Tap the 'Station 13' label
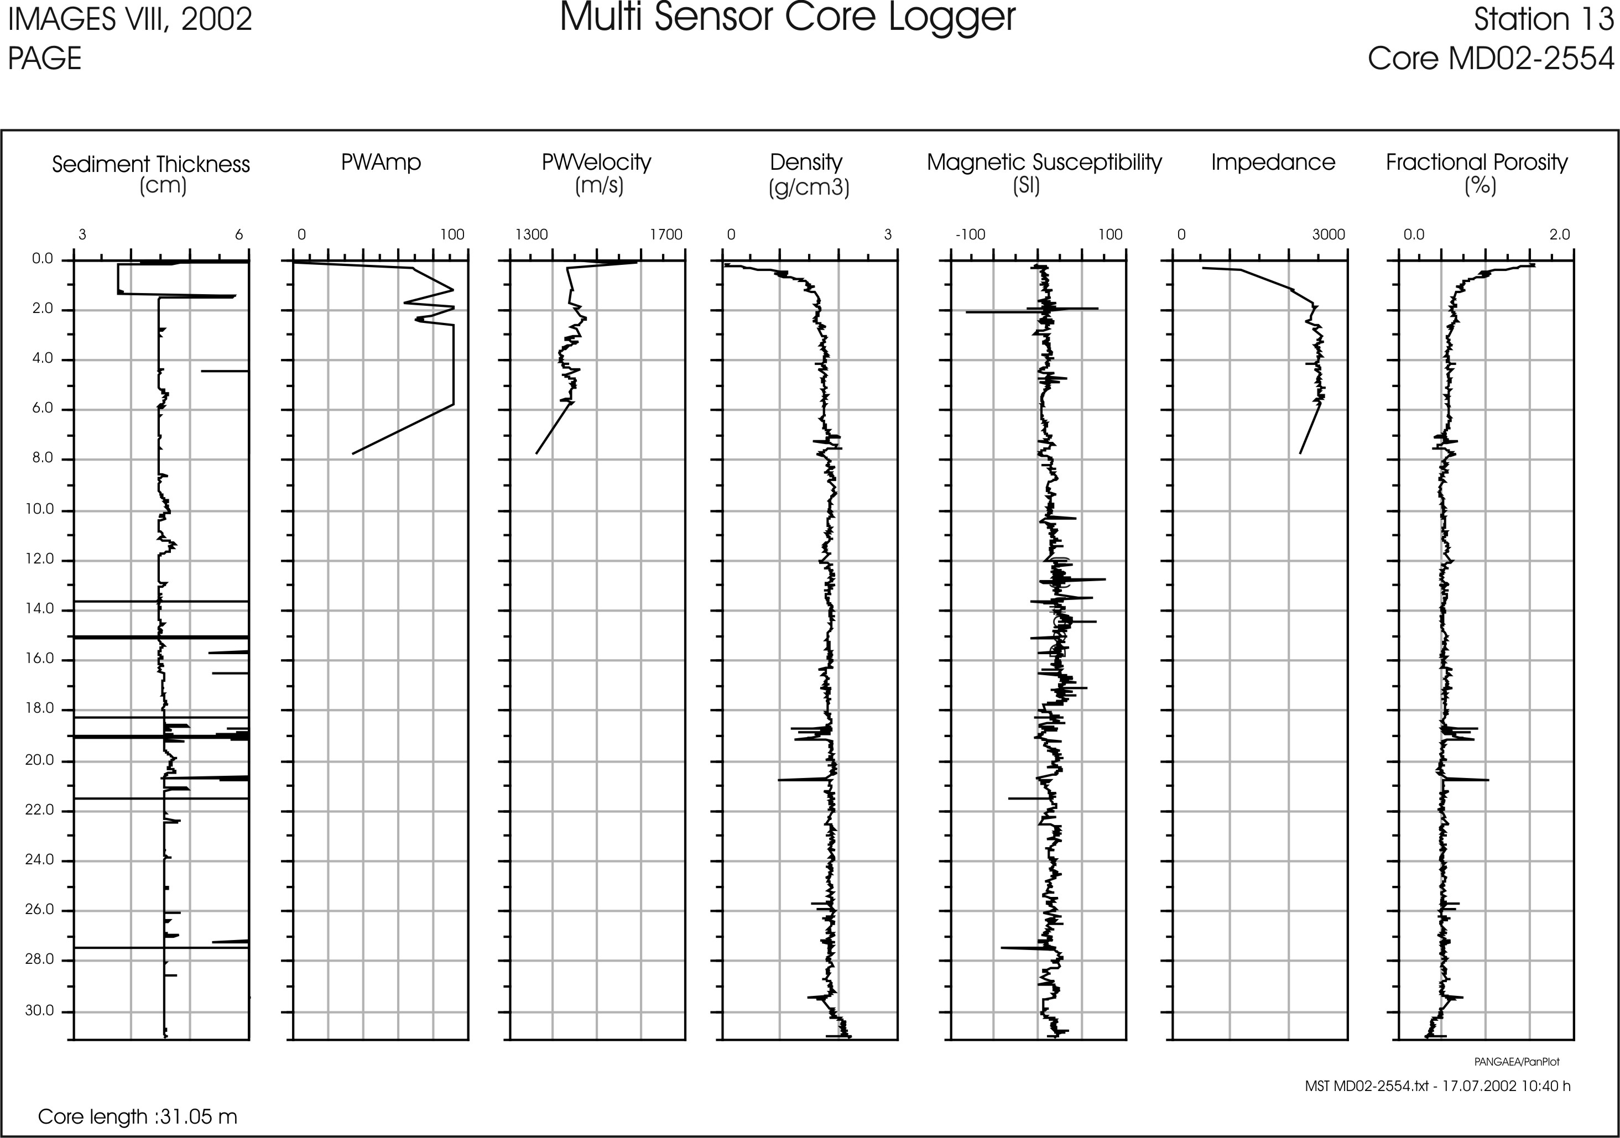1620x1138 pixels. (1543, 20)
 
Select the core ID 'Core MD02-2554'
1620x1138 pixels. (1490, 59)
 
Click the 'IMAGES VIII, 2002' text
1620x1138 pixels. (130, 20)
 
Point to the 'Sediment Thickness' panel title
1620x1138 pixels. (151, 164)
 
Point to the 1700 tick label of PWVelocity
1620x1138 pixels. (666, 235)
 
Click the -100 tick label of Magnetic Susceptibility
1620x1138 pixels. (970, 235)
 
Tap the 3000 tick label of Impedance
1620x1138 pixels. (1329, 235)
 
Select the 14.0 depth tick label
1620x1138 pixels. (43, 609)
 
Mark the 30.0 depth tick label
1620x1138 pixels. (43, 1011)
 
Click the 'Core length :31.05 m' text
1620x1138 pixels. (138, 1117)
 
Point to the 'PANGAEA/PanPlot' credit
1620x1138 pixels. (1516, 1062)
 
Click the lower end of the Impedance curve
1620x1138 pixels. (1300, 453)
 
